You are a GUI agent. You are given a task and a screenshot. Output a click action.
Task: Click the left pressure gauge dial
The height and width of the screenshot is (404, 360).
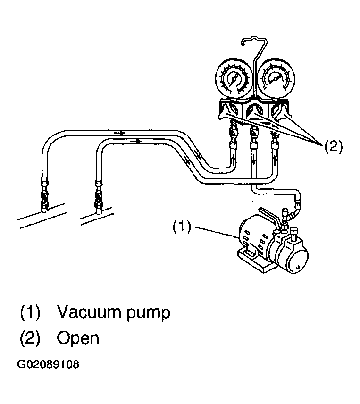(x=234, y=79)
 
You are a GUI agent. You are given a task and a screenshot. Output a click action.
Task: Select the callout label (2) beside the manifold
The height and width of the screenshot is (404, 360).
(x=333, y=146)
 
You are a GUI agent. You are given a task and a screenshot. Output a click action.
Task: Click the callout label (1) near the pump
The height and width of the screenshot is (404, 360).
(x=182, y=227)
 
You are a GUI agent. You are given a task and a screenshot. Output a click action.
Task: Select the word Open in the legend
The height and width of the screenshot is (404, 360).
(x=78, y=338)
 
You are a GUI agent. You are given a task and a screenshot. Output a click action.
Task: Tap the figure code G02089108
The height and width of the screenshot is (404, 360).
(x=48, y=364)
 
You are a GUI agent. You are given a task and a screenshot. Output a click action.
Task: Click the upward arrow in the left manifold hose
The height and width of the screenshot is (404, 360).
(x=233, y=160)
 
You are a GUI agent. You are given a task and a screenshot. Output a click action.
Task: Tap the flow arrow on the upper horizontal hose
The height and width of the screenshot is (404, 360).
(x=119, y=133)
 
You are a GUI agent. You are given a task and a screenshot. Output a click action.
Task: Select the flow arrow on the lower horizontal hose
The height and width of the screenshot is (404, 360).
(x=135, y=141)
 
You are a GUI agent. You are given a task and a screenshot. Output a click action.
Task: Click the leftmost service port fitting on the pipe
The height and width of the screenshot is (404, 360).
(x=44, y=197)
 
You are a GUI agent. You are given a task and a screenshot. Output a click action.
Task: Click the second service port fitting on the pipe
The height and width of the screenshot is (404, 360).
(x=99, y=198)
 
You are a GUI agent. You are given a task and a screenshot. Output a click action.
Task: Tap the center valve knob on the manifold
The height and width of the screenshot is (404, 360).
(x=254, y=111)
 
